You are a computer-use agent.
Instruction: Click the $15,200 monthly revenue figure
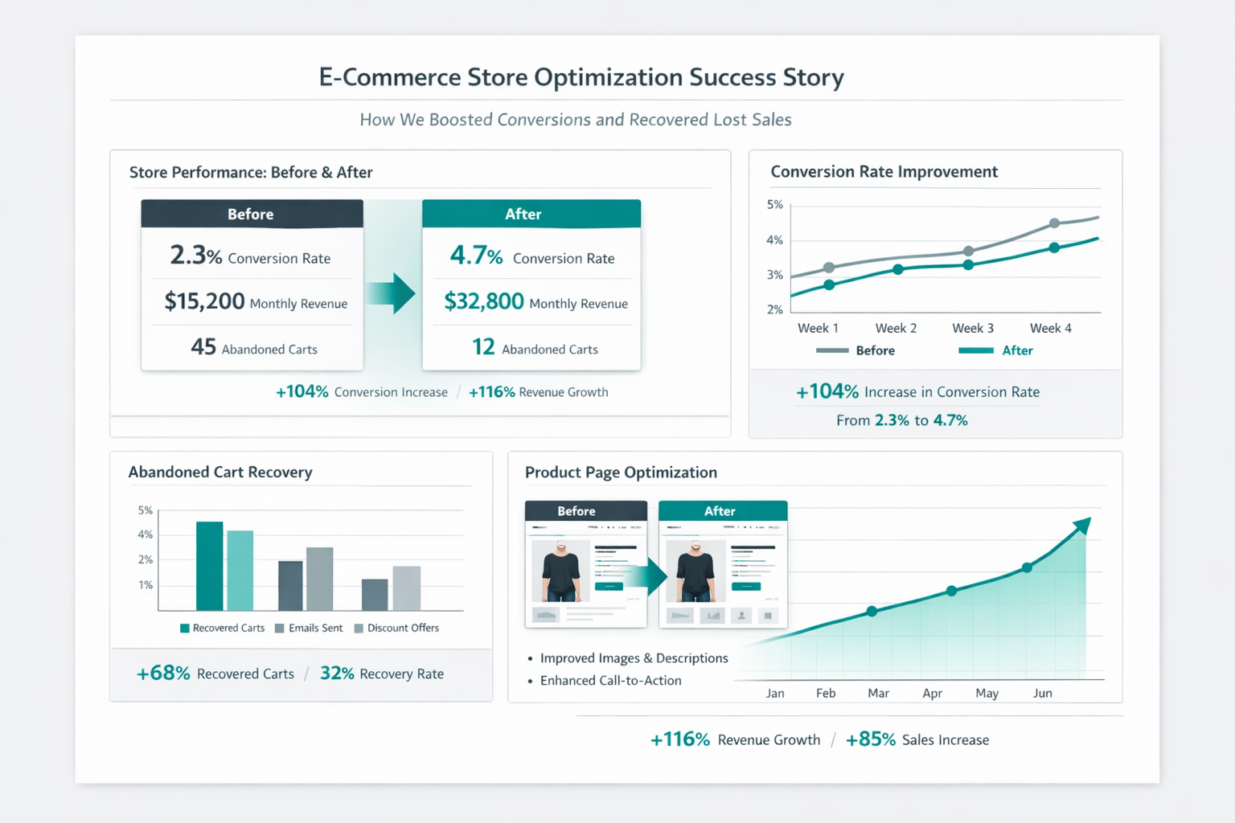204,301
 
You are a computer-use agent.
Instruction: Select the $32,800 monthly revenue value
484,301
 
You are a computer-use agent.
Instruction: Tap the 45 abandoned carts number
203,347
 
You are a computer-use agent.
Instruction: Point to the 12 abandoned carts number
483,347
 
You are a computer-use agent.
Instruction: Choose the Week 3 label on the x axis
973,328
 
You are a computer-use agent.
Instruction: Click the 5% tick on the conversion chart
774,205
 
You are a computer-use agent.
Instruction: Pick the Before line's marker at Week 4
1054,223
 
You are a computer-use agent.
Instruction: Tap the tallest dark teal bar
210,566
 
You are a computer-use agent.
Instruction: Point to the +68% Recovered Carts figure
163,674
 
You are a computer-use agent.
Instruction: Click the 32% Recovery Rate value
337,674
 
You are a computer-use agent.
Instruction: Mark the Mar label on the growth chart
878,693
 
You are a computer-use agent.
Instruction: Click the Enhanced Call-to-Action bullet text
610,681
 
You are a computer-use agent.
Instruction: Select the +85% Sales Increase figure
870,739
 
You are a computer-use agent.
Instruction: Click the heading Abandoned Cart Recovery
220,473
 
